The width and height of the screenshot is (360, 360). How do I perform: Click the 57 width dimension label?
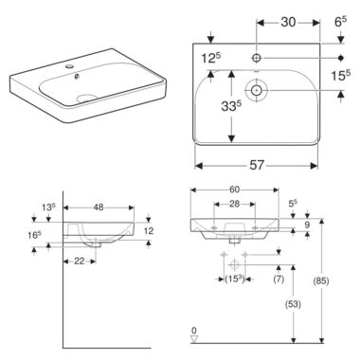click(257, 165)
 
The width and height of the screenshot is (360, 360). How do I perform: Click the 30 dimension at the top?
click(288, 22)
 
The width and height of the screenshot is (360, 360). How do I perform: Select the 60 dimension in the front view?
click(234, 189)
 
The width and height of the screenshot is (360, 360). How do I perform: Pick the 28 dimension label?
click(234, 204)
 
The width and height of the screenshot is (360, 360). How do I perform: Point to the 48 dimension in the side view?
click(99, 207)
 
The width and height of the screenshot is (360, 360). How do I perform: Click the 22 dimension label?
click(80, 261)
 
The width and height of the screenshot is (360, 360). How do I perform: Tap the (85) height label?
click(321, 280)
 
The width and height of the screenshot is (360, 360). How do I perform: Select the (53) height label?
click(293, 304)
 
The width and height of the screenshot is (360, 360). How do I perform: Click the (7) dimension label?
click(279, 279)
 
